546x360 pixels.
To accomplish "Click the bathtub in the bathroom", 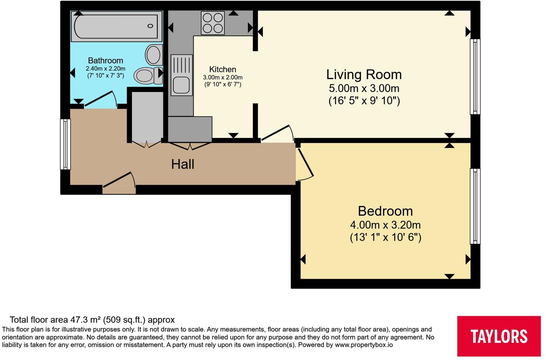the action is click(x=117, y=26).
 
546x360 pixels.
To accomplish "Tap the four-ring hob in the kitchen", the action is click(x=213, y=23).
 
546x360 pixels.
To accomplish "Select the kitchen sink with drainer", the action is click(x=182, y=75).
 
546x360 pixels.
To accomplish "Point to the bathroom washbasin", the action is click(x=154, y=55).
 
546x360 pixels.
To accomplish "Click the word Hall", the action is click(x=182, y=164).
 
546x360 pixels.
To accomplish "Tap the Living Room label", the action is click(x=364, y=74).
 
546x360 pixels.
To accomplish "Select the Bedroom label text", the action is click(x=385, y=211).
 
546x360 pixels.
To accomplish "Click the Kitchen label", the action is click(x=223, y=69).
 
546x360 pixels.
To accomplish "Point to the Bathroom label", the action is click(x=105, y=61).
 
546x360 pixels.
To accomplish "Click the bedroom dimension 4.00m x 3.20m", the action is click(x=385, y=225).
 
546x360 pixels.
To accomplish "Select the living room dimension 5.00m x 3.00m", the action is click(x=364, y=88).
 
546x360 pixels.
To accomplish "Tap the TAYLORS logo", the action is click(x=499, y=336).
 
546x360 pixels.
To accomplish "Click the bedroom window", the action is click(x=475, y=206).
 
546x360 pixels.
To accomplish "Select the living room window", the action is click(x=475, y=77).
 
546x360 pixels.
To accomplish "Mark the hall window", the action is click(x=65, y=144).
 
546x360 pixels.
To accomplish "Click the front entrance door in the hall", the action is click(x=119, y=183).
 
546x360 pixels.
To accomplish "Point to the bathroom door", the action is click(x=100, y=100).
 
